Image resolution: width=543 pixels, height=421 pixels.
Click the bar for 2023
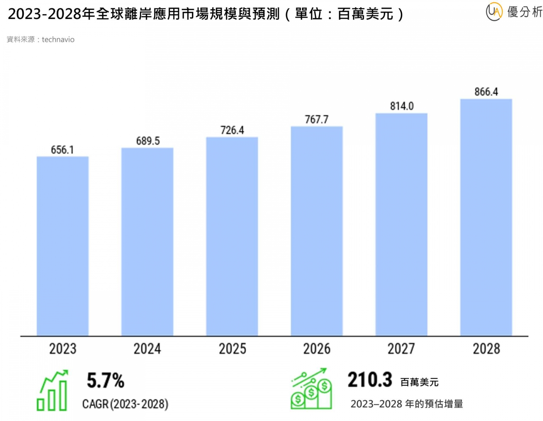click(62, 246)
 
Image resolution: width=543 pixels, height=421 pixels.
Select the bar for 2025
click(232, 237)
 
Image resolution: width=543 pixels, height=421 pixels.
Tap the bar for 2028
click(486, 217)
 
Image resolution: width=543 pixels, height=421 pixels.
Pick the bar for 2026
click(317, 231)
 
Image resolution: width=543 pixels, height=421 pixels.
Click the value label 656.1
click(62, 150)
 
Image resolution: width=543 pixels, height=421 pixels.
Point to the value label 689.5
click(148, 141)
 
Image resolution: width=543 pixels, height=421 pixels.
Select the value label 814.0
click(401, 106)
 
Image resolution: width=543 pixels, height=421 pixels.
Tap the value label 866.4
click(486, 92)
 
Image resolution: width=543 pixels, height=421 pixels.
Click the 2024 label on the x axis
click(147, 349)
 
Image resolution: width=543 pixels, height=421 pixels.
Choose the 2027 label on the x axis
click(401, 349)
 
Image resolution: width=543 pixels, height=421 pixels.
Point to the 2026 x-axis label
click(317, 349)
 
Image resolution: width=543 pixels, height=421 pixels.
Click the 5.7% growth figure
click(106, 380)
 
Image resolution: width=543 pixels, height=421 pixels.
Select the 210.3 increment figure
click(370, 380)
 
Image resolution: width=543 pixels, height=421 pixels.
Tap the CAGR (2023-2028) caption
click(125, 404)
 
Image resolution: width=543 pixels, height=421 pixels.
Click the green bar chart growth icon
click(53, 391)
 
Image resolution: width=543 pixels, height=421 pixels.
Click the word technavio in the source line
click(58, 39)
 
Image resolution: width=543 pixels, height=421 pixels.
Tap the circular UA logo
click(494, 12)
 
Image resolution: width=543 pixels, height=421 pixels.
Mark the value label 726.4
click(232, 130)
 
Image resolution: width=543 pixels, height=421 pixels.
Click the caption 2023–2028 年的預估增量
click(407, 404)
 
